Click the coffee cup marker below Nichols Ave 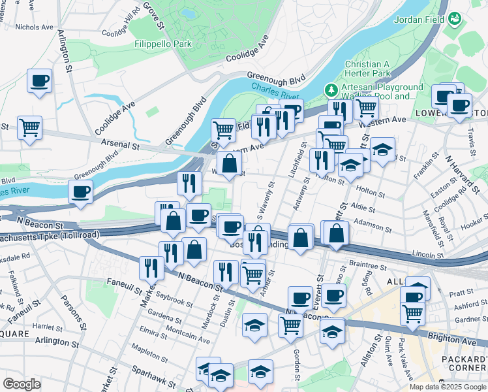pos(39,82)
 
